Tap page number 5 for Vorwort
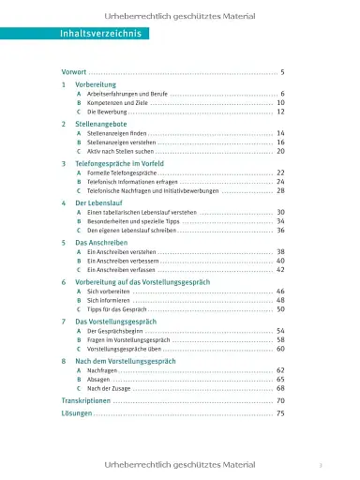281,72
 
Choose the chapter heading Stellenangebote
98,124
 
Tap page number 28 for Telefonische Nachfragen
280,189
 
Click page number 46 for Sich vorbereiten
280,292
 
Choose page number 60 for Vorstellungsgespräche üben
280,348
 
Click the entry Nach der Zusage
107,387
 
